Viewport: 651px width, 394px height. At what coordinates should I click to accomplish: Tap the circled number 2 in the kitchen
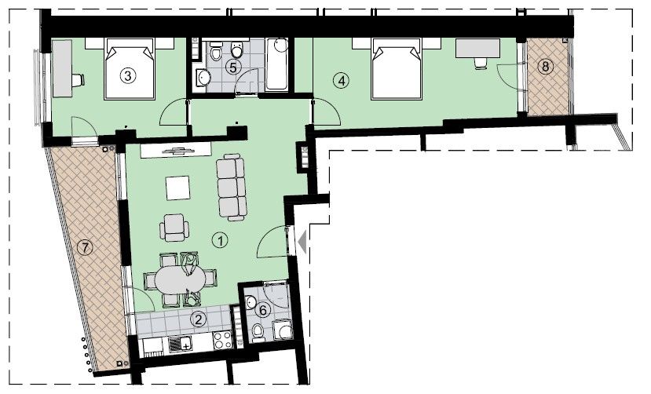point(199,319)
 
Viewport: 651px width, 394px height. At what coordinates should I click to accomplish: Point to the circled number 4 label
point(339,79)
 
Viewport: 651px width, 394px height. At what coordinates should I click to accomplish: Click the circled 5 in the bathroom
point(232,67)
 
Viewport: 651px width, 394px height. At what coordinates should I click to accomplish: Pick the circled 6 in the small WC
point(264,310)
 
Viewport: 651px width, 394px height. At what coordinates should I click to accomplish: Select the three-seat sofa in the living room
point(230,186)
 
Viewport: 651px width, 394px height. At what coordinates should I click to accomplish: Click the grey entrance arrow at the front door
point(300,240)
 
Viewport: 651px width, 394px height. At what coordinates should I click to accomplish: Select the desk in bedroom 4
point(477,49)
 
